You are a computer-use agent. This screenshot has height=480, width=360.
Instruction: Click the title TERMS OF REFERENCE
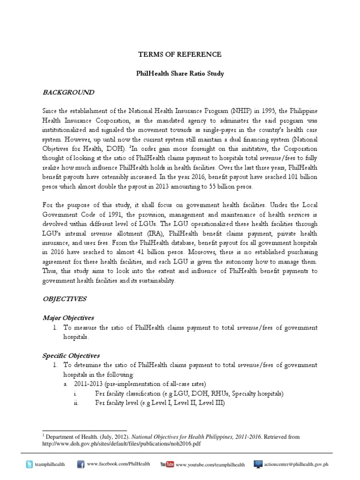(180, 55)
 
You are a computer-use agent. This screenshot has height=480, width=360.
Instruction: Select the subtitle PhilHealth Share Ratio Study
(180, 74)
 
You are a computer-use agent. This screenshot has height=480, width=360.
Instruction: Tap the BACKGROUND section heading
(68, 92)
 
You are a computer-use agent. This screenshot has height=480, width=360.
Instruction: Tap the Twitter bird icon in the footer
(30, 464)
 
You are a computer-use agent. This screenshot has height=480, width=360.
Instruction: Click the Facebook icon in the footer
(80, 464)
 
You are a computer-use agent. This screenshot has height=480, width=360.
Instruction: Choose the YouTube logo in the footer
(167, 464)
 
